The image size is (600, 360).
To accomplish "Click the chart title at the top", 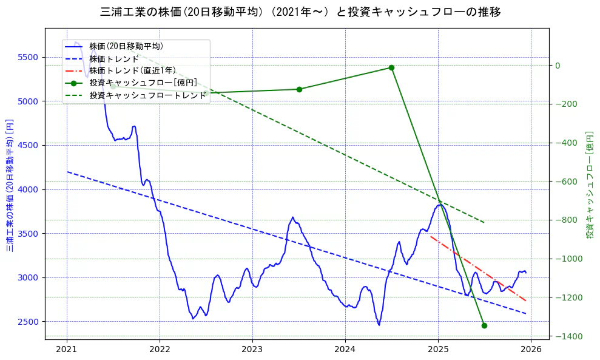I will (x=300, y=12).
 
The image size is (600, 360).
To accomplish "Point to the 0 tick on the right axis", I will (x=559, y=66).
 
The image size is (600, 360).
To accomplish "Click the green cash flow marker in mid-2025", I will (x=484, y=325).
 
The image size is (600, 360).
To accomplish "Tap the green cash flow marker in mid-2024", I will (x=391, y=67).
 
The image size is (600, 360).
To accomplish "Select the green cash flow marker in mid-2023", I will (x=299, y=89).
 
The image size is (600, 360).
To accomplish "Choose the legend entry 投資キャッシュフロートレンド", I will (x=147, y=95).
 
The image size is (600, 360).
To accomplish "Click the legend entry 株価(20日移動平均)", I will (x=126, y=46).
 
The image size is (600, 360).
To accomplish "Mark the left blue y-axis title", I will (x=10, y=185).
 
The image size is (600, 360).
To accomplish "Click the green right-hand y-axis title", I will (x=589, y=185).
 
